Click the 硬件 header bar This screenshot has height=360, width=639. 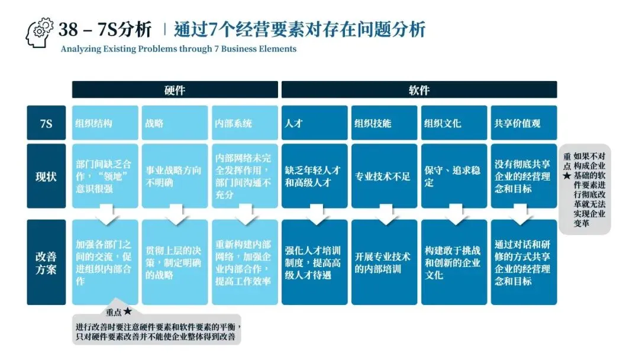click(x=175, y=90)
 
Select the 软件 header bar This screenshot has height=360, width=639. click(x=419, y=90)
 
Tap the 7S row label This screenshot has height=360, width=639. click(x=46, y=123)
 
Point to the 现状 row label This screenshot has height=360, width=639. click(x=46, y=176)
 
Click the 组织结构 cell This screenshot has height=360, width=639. click(x=105, y=123)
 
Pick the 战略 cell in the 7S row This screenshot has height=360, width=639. click(x=175, y=123)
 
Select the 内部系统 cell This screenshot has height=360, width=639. click(x=244, y=123)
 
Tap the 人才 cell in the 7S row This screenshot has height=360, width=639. click(x=314, y=123)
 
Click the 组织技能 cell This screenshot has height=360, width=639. click(x=384, y=123)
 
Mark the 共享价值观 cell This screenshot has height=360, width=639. click(x=524, y=123)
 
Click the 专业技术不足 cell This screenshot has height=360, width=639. click(x=384, y=176)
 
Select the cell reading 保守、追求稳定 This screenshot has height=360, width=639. click(x=454, y=176)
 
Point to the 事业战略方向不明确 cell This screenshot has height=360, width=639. click(x=175, y=176)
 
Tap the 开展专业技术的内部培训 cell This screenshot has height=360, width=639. click(x=384, y=262)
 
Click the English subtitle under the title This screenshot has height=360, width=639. click(x=178, y=49)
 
